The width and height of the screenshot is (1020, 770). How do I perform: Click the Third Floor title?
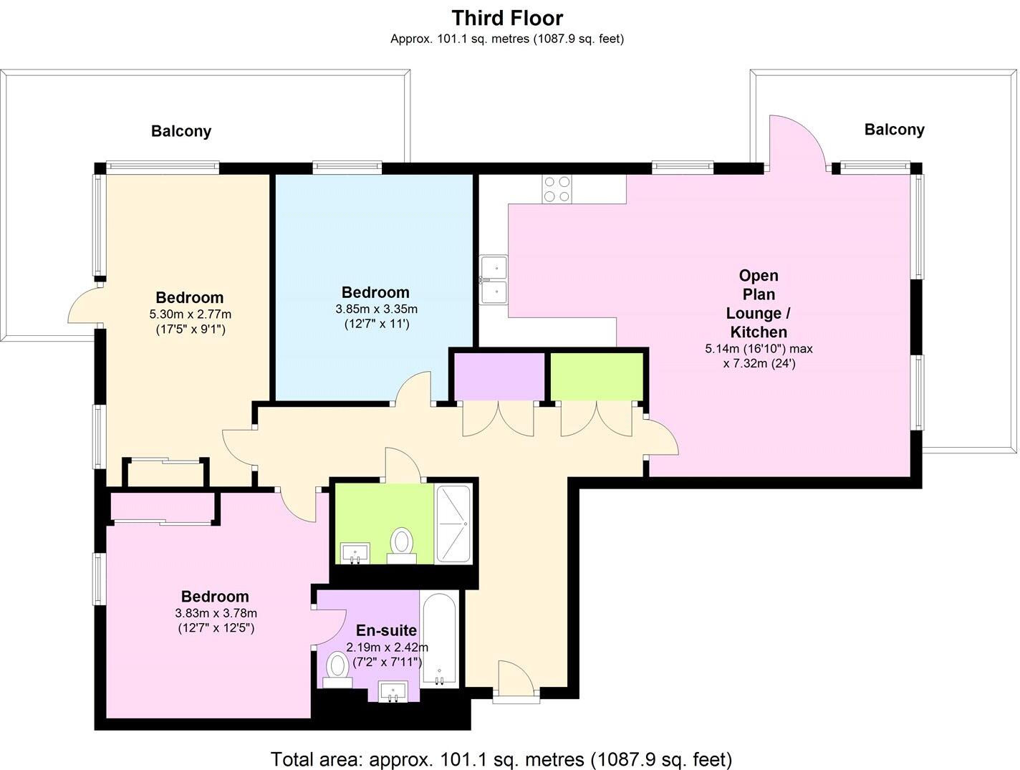pyautogui.click(x=507, y=17)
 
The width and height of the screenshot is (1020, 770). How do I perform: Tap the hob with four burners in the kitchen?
pyautogui.click(x=557, y=189)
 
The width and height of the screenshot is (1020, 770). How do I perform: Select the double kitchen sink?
pyautogui.click(x=494, y=279)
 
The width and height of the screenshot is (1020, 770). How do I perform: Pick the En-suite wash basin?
pyautogui.click(x=393, y=692)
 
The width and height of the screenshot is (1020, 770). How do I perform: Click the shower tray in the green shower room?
pyautogui.click(x=453, y=524)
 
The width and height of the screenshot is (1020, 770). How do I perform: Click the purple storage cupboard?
pyautogui.click(x=500, y=376)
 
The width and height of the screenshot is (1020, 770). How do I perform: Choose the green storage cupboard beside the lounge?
pyautogui.click(x=596, y=376)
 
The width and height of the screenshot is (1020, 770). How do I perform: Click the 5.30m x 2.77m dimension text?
pyautogui.click(x=190, y=314)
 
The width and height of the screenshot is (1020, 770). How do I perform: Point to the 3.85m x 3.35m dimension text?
pyautogui.click(x=376, y=309)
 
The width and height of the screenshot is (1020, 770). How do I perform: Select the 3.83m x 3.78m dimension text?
pyautogui.click(x=216, y=613)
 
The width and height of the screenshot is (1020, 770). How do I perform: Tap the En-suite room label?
pyautogui.click(x=386, y=630)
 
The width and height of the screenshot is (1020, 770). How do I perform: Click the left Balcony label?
pyautogui.click(x=181, y=132)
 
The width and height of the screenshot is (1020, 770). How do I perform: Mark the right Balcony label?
pyautogui.click(x=894, y=130)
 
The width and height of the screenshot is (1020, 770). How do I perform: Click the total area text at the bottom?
pyautogui.click(x=501, y=759)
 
